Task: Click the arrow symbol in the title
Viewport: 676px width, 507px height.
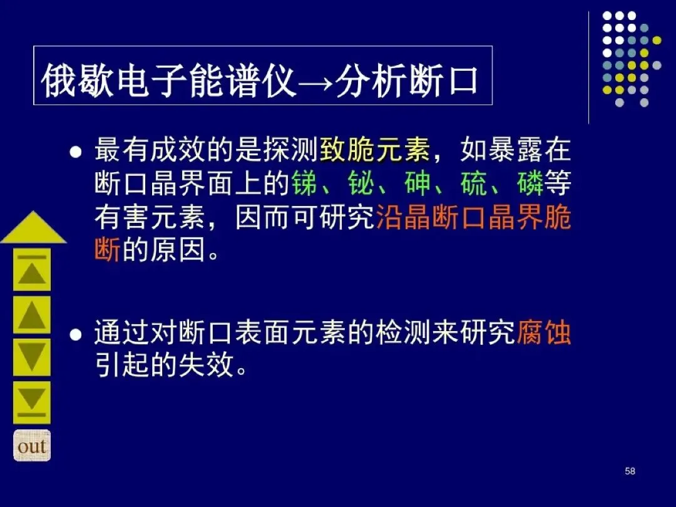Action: coord(316,83)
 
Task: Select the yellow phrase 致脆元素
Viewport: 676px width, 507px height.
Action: coord(375,149)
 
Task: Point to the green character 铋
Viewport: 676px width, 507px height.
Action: coord(361,183)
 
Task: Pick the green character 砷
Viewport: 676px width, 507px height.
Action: coord(417,183)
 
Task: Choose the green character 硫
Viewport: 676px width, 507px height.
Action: coord(473,183)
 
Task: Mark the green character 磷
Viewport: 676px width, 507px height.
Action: coord(530,183)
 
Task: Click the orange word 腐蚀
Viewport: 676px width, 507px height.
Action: coord(544,332)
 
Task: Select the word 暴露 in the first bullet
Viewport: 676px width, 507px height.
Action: coord(516,149)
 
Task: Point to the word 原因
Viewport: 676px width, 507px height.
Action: coord(178,250)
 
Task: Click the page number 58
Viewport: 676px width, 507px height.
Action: coord(630,471)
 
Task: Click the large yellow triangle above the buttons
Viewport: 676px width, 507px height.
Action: coord(34,228)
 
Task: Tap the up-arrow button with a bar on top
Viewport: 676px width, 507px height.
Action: coord(32,270)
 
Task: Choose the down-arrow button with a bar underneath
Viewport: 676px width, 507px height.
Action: coord(32,402)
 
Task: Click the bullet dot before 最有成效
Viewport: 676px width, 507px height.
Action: coord(76,151)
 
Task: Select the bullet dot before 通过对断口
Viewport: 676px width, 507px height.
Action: coord(76,334)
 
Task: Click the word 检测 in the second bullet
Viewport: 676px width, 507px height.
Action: coord(402,332)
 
